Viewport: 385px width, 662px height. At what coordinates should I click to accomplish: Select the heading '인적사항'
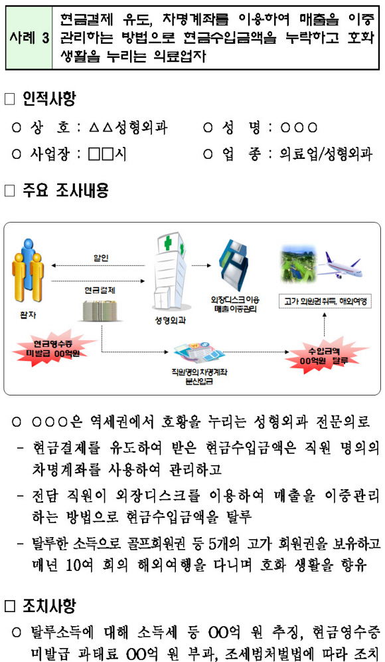tap(49, 100)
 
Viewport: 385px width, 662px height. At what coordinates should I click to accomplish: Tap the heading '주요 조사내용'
tap(66, 191)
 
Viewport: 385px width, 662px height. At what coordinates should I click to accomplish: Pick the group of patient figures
tap(28, 271)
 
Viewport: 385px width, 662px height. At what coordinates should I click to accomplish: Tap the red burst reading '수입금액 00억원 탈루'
tap(325, 355)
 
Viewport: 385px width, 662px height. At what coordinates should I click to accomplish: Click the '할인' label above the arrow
tap(100, 258)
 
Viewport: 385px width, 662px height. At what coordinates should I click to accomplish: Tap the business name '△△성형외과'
tap(128, 128)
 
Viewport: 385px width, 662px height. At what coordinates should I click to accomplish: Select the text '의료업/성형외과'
tap(326, 154)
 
